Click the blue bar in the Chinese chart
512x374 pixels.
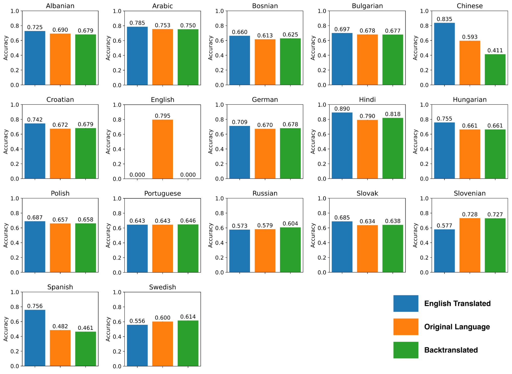click(x=444, y=54)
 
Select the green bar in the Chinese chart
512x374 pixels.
click(x=495, y=69)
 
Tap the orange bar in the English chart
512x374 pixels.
click(x=162, y=149)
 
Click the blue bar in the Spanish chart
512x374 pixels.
click(x=35, y=338)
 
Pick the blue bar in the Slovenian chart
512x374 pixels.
click(x=444, y=251)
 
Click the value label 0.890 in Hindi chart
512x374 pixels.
click(x=342, y=109)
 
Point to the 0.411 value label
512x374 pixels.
click(x=495, y=50)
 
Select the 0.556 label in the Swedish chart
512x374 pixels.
click(x=137, y=321)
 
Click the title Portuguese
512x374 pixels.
click(x=162, y=193)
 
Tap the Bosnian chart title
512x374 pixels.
click(x=265, y=6)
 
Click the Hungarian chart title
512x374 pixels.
click(x=469, y=100)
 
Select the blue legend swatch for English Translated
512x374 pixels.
click(x=406, y=303)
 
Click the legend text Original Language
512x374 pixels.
click(x=457, y=327)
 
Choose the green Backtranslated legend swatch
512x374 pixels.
click(x=406, y=350)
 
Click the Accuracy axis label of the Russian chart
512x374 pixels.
click(x=210, y=235)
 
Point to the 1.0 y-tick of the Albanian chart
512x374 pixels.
click(x=15, y=11)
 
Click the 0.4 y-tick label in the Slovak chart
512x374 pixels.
click(x=322, y=243)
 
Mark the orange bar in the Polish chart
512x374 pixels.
click(x=60, y=248)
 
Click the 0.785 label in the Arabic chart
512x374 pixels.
click(x=137, y=23)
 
